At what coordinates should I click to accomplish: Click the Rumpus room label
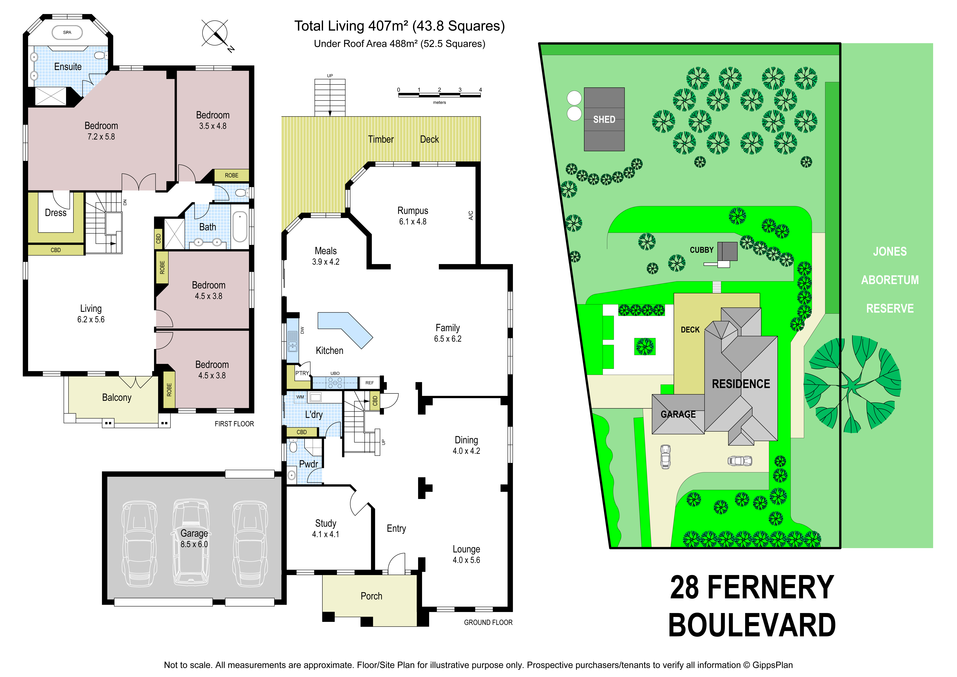(413, 211)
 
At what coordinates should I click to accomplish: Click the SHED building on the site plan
(604, 119)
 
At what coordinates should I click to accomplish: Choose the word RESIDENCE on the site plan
(741, 384)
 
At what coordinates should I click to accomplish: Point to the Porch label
(371, 596)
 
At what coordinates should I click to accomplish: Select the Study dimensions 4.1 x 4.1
(326, 534)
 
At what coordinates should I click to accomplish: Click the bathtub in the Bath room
(240, 227)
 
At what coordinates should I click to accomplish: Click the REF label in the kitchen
(369, 383)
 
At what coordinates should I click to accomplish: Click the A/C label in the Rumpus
(471, 215)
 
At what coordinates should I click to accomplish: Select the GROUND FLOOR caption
(488, 622)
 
